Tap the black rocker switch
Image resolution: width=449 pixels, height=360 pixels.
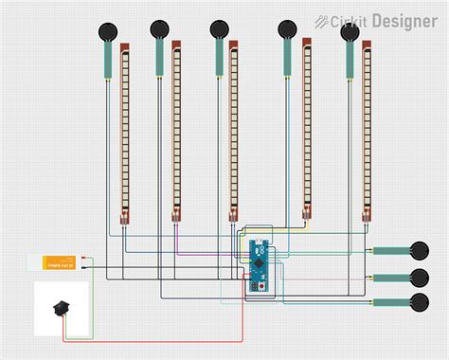[x=62, y=308]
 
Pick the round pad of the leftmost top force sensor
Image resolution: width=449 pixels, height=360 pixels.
[x=107, y=31]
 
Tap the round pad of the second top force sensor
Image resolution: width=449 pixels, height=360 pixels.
[x=158, y=29]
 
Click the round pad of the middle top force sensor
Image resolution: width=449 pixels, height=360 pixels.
[x=219, y=29]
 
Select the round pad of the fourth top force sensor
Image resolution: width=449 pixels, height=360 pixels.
[x=286, y=29]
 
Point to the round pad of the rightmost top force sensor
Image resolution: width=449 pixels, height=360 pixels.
[x=350, y=32]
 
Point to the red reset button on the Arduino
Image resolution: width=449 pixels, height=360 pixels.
[x=254, y=286]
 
